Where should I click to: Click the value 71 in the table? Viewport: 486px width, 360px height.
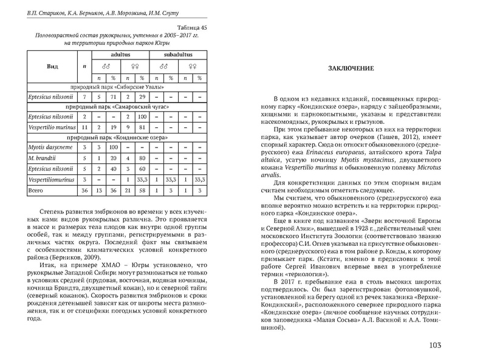click(x=114, y=97)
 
